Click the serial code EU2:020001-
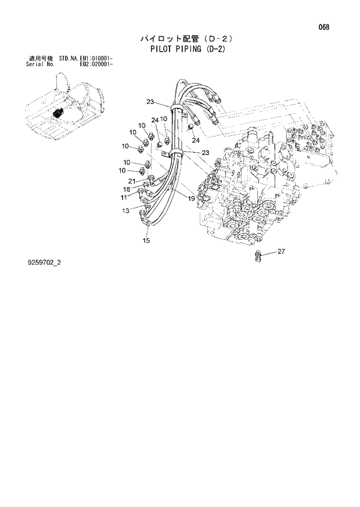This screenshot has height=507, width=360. (x=96, y=64)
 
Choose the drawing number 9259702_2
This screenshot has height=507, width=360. (x=43, y=263)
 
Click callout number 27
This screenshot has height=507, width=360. (x=281, y=251)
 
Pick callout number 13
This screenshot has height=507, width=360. (x=125, y=211)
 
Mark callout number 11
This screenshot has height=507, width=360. (x=124, y=198)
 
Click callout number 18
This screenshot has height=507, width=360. (x=126, y=189)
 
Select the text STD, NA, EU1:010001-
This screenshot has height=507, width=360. (x=85, y=59)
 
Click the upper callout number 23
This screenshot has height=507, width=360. (x=150, y=102)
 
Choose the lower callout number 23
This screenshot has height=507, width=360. (x=205, y=152)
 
